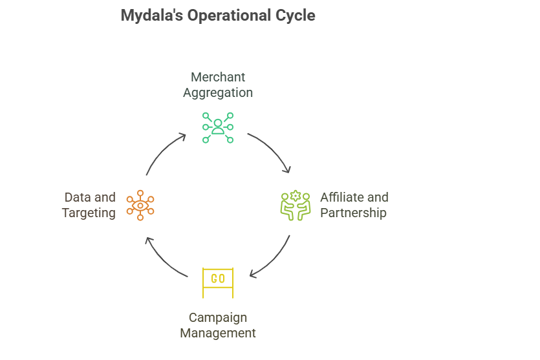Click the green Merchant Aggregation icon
(x=218, y=127)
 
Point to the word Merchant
(x=218, y=78)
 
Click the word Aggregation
(x=218, y=92)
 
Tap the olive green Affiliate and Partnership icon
(x=296, y=205)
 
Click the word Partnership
(x=353, y=213)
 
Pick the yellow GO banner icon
(x=218, y=282)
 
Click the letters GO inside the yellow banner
(x=218, y=279)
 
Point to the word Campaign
(x=218, y=318)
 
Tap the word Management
(x=218, y=334)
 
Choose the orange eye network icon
(x=140, y=205)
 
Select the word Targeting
(x=89, y=213)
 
